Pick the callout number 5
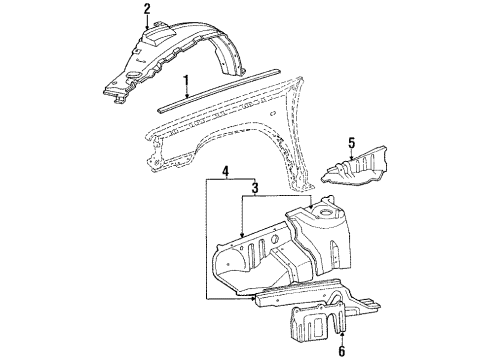point(349,141)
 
